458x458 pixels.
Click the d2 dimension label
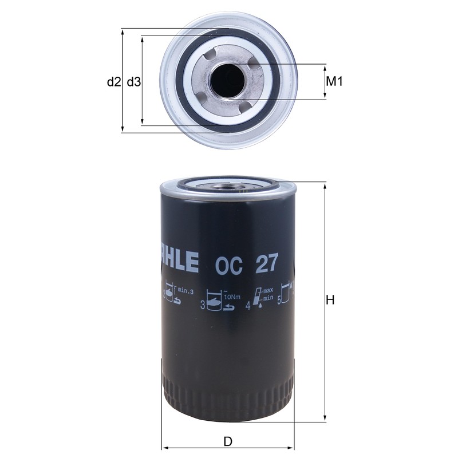coord(114,82)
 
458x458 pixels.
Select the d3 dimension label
coord(134,82)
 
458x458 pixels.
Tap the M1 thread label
coord(334,82)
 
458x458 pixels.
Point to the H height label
coord(330,300)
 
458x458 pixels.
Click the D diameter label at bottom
coord(227,441)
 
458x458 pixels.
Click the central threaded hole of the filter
coord(228,81)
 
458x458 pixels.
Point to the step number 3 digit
coord(202,306)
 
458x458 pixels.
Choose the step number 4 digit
coord(248,306)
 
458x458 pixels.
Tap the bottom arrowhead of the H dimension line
coord(325,418)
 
